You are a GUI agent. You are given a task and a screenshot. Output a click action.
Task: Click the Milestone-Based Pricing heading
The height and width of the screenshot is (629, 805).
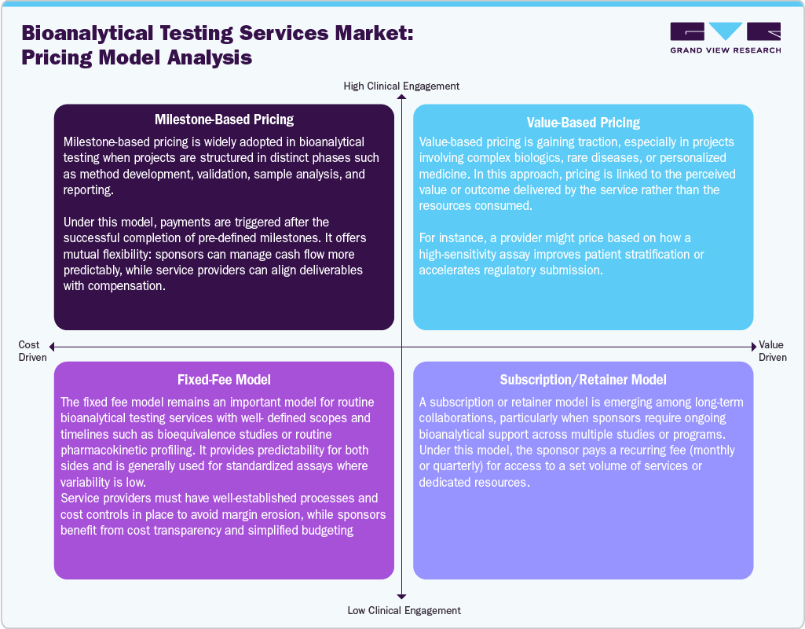click(x=224, y=120)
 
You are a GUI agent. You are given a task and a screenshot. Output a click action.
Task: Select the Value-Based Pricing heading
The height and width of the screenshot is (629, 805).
click(x=583, y=123)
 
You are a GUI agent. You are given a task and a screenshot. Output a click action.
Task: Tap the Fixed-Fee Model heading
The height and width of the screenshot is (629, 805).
click(x=224, y=380)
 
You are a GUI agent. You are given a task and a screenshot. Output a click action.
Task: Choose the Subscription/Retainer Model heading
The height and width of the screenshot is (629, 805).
click(x=583, y=381)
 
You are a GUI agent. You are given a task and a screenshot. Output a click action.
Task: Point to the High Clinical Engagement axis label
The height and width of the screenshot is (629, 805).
click(x=401, y=86)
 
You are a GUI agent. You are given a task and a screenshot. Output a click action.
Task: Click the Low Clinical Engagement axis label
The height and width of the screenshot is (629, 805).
click(x=404, y=610)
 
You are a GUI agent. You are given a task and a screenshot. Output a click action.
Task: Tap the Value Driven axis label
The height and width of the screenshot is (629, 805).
click(x=772, y=351)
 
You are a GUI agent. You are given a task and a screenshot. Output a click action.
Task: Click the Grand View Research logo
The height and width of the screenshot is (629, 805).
click(x=725, y=32)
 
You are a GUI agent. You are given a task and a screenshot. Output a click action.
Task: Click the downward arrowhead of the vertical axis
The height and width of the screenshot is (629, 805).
click(x=401, y=597)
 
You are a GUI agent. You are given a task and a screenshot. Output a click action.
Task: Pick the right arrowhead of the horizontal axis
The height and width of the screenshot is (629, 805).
click(x=753, y=346)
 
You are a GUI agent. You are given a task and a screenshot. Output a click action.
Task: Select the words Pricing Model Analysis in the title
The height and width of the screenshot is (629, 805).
click(x=137, y=57)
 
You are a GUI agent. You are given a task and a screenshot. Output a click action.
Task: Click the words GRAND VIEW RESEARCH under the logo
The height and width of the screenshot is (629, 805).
click(x=725, y=50)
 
